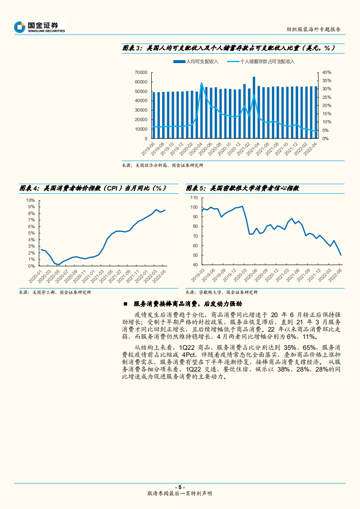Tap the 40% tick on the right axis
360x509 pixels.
[x=326, y=72]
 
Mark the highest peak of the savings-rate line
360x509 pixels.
[x=202, y=83]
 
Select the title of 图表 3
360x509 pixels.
[x=229, y=48]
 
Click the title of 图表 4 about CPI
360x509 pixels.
[x=93, y=188]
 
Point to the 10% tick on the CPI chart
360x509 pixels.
[x=30, y=200]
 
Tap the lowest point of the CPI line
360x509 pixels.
[x=59, y=264]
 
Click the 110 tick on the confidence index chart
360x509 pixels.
[x=195, y=198]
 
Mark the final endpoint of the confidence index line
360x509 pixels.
[x=341, y=255]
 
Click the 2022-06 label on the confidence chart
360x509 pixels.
[x=336, y=276]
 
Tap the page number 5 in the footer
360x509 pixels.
[x=180, y=486]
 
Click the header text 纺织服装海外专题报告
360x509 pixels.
[x=314, y=29]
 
